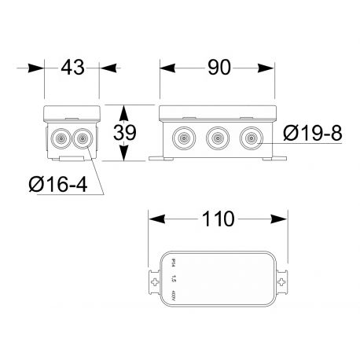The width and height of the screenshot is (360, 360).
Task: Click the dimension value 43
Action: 71,68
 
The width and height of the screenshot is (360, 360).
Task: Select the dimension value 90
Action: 219,68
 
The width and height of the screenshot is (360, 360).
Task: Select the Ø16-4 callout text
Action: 57,186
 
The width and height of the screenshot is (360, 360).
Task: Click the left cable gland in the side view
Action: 61,140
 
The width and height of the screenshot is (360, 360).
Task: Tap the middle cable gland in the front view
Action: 217,138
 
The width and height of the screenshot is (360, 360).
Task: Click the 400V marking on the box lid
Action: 174,297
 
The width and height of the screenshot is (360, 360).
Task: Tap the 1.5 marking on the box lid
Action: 174,279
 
